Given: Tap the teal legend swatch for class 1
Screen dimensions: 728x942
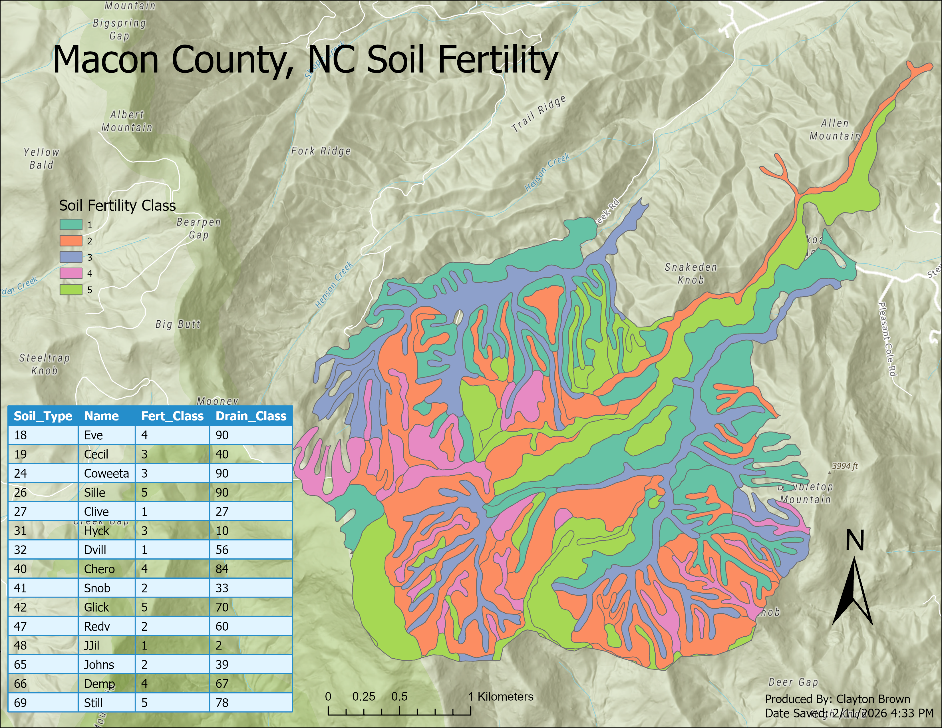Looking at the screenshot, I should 71,225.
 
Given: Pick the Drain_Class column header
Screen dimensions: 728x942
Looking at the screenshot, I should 251,416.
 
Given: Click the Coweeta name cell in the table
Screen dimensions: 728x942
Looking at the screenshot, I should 106,474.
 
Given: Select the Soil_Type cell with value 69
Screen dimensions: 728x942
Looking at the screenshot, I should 20,703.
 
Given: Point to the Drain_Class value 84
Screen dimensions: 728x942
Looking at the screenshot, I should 222,569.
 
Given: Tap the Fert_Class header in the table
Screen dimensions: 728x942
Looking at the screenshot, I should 172,416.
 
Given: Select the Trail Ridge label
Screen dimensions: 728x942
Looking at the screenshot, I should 538,114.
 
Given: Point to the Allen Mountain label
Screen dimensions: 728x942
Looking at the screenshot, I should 835,129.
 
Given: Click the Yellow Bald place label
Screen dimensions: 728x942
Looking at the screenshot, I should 41,158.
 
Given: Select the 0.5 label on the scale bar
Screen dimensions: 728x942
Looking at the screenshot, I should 399,697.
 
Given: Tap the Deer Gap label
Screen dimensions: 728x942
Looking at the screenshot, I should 793,682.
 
